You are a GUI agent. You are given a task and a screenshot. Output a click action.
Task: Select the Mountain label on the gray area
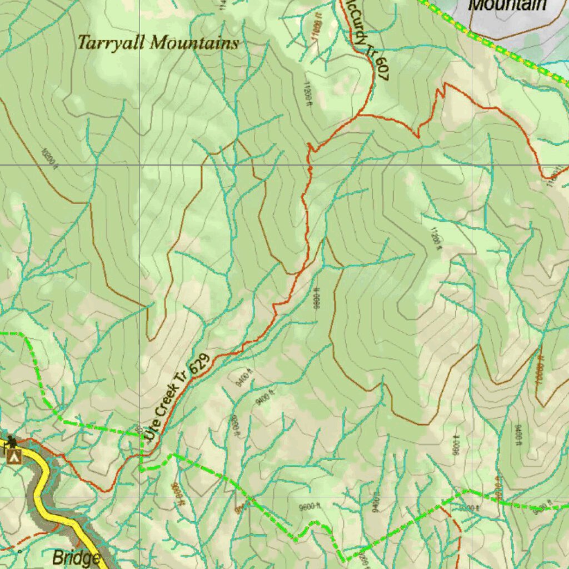507,6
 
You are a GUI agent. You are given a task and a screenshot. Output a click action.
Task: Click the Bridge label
76,558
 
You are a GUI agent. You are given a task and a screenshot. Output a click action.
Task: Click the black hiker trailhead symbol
12,442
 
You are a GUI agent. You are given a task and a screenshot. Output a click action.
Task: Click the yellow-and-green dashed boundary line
489,43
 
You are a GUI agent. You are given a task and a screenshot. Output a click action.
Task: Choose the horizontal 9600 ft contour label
310,506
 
